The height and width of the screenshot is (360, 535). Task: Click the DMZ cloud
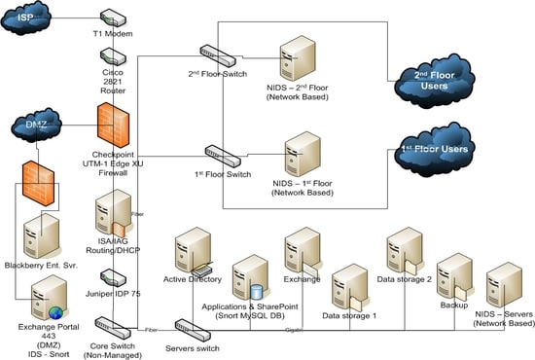pyautogui.click(x=37, y=125)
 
